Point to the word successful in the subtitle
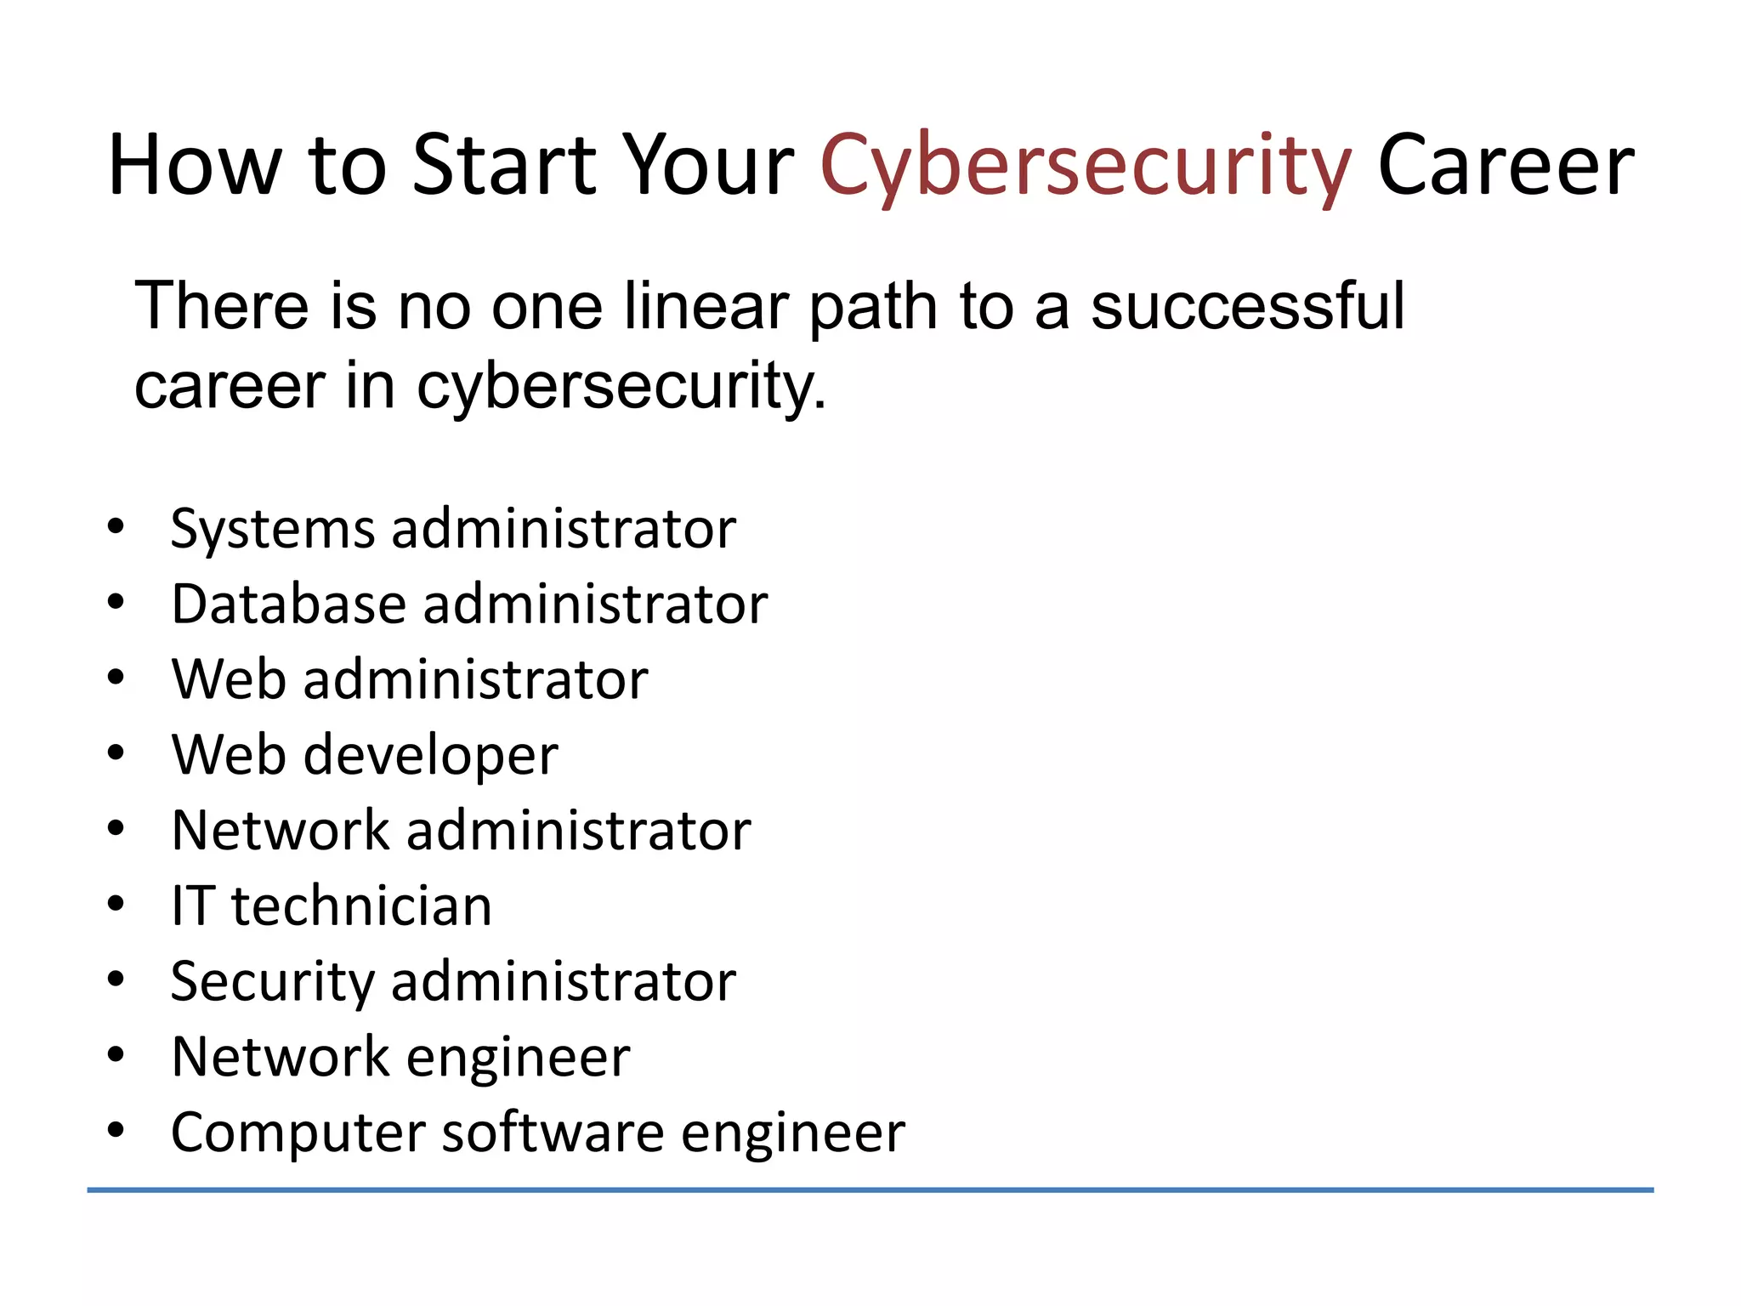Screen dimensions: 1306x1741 click(1247, 306)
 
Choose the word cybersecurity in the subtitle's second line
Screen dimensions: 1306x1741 click(621, 387)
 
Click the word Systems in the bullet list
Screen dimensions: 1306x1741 click(272, 530)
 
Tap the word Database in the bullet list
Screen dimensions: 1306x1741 click(288, 605)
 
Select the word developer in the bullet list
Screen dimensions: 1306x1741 click(431, 755)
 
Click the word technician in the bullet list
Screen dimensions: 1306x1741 click(361, 906)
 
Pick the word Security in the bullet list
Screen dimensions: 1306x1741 click(272, 982)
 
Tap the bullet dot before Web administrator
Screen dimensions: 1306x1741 click(116, 679)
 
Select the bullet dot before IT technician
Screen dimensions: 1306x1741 click(116, 904)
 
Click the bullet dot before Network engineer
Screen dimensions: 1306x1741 click(116, 1055)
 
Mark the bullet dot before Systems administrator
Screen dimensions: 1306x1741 click(116, 527)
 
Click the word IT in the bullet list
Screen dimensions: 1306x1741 click(190, 906)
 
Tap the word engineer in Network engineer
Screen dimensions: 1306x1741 click(519, 1059)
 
